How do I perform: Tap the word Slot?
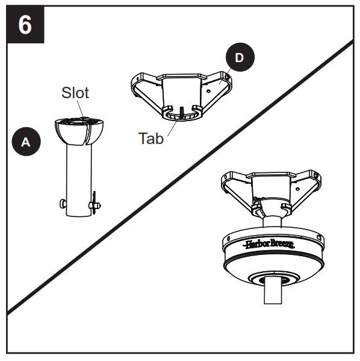(75, 92)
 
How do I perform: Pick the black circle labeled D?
(239, 58)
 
